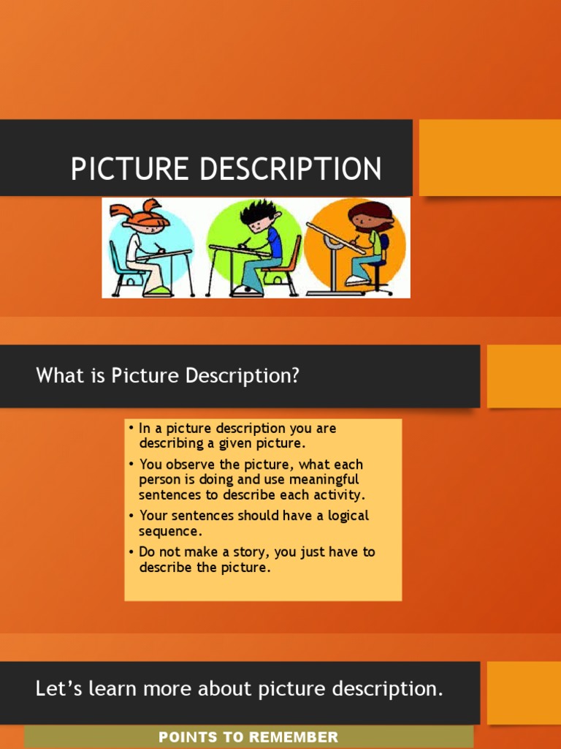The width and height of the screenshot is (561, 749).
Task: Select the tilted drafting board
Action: click(x=335, y=238)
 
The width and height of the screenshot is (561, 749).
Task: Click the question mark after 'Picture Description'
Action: click(x=295, y=376)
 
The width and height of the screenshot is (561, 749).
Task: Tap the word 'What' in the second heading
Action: click(x=56, y=376)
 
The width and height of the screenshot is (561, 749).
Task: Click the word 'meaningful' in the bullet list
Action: click(x=325, y=480)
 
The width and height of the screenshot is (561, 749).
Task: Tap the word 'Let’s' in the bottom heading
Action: click(x=55, y=688)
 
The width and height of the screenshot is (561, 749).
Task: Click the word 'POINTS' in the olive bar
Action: click(x=186, y=737)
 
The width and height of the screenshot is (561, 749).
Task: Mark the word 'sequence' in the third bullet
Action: click(x=168, y=531)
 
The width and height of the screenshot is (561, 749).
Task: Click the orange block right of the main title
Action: click(x=489, y=158)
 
